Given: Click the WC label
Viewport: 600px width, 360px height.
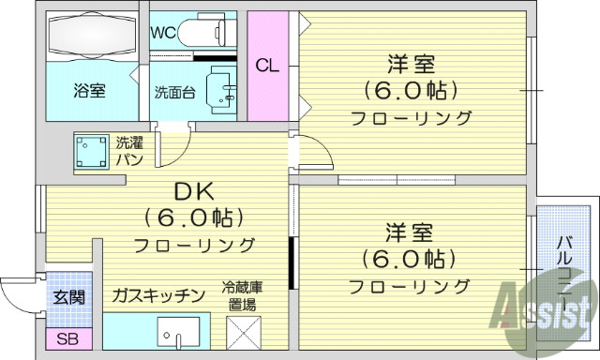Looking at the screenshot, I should [x=164, y=31].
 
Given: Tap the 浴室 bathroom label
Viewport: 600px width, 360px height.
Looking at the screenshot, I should [x=90, y=91].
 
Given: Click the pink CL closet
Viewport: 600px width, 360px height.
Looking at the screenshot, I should [x=267, y=66].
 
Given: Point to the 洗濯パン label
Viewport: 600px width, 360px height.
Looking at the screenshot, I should [x=128, y=150].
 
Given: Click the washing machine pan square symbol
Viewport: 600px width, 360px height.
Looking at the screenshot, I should [x=91, y=151].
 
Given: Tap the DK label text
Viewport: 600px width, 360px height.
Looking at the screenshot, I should [x=194, y=193].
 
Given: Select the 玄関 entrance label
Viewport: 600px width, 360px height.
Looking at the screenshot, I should [x=67, y=297].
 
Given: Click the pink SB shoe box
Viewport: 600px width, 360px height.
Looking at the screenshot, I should [x=67, y=338].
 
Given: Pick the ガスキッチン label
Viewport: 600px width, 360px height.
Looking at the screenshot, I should [x=158, y=296].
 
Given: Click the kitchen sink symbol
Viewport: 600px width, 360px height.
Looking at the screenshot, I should [x=178, y=333].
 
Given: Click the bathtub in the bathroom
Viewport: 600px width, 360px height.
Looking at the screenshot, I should [x=91, y=37].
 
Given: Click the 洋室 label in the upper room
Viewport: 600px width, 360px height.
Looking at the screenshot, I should [x=412, y=67].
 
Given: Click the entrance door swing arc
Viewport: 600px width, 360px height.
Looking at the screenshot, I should [x=19, y=295].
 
